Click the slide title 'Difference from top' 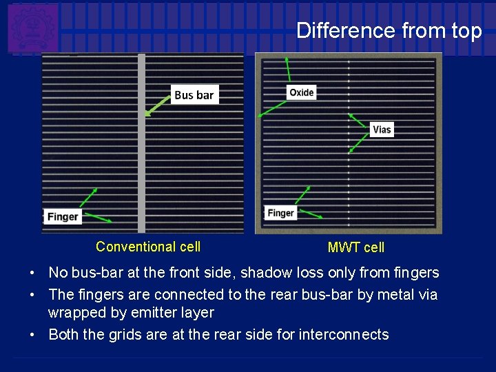click(x=389, y=31)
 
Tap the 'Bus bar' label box click(x=194, y=95)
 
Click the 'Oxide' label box click(x=301, y=92)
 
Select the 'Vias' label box click(x=382, y=129)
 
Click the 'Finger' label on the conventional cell click(x=63, y=216)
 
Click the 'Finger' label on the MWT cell click(x=281, y=213)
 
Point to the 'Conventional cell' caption click(x=148, y=247)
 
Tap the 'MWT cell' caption click(x=356, y=247)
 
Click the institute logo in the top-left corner click(x=32, y=28)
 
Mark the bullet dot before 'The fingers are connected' click(x=33, y=295)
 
